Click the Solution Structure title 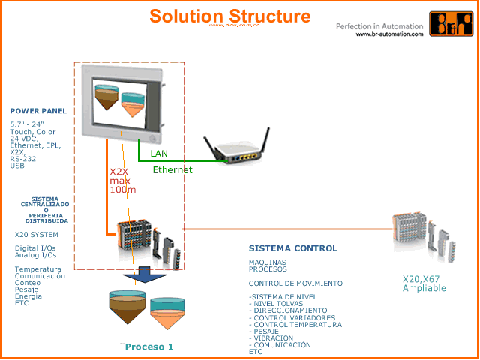tap(229, 16)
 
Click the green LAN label tap(159, 154)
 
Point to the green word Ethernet tap(172, 170)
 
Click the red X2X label tap(120, 172)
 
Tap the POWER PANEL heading tap(38, 111)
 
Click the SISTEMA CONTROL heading tap(292, 248)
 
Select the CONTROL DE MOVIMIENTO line tap(295, 283)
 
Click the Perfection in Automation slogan tap(379, 26)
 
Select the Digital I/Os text tap(35, 247)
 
